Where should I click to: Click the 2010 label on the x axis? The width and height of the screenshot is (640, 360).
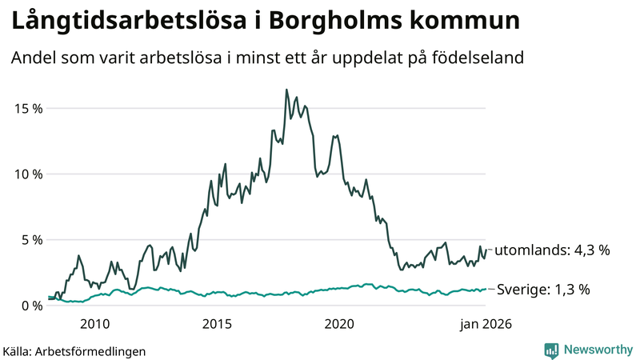point(94,324)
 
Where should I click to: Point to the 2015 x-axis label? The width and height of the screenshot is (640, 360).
point(217,324)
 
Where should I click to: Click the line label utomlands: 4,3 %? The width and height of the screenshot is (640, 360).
point(553,250)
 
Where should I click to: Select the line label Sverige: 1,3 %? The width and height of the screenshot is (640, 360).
point(542,290)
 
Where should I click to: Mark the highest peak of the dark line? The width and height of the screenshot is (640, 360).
point(286,90)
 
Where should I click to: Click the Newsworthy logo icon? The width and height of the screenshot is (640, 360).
point(551,350)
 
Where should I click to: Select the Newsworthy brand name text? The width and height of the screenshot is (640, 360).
point(597,350)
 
